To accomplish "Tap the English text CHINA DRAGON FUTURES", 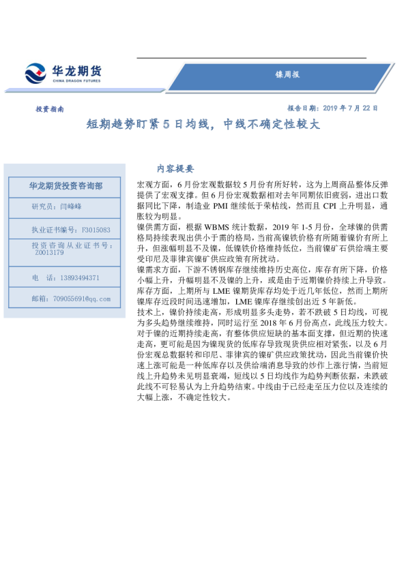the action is pyautogui.click(x=76, y=80).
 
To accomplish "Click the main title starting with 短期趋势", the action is pyautogui.click(x=202, y=125).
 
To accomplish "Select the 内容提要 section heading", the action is pyautogui.click(x=175, y=168).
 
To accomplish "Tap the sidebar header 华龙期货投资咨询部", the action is pyautogui.click(x=66, y=185).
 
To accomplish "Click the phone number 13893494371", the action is pyautogui.click(x=75, y=277).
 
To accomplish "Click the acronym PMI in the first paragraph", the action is pyautogui.click(x=224, y=205).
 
